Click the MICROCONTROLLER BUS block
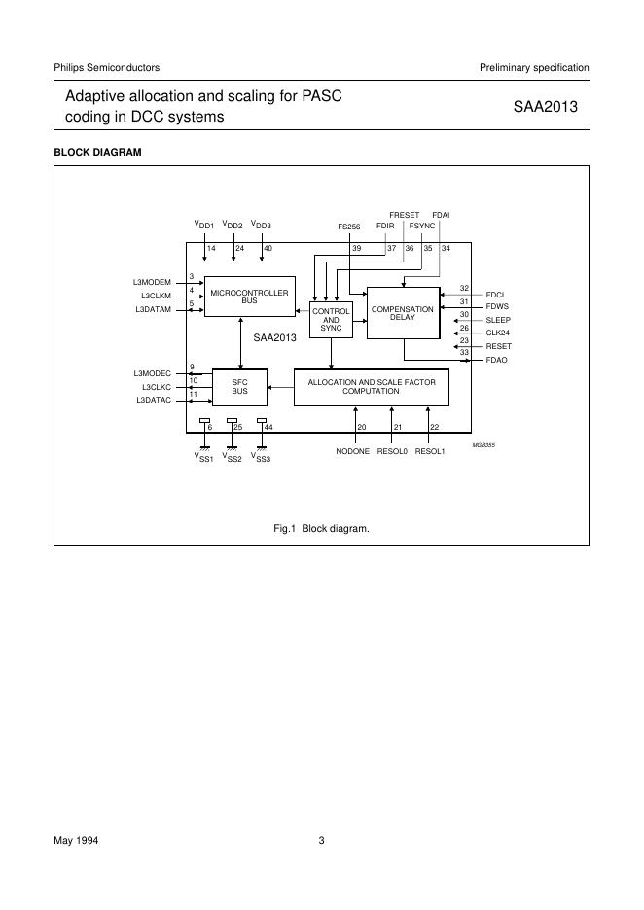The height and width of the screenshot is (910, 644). pos(249,297)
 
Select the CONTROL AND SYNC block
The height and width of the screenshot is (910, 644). pos(331,320)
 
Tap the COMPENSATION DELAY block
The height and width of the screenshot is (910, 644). pos(403,313)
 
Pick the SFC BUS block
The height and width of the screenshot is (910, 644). pos(239,387)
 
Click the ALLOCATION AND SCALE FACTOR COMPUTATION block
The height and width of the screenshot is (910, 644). pos(371,387)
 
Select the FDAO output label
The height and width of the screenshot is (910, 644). pos(496,360)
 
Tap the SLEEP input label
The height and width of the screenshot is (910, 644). pos(498,320)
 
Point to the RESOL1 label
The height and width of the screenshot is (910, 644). pos(430,452)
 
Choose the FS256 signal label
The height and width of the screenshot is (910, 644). pos(349,227)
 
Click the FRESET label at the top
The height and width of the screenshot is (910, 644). pos(405,214)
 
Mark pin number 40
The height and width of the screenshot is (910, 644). pos(268,249)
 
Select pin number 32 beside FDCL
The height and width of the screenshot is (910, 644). pos(465,288)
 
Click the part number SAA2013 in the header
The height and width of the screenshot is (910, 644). pos(546,108)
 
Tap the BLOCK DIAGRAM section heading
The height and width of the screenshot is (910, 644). pos(97,153)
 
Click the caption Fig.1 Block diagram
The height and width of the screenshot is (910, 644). pos(322,528)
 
